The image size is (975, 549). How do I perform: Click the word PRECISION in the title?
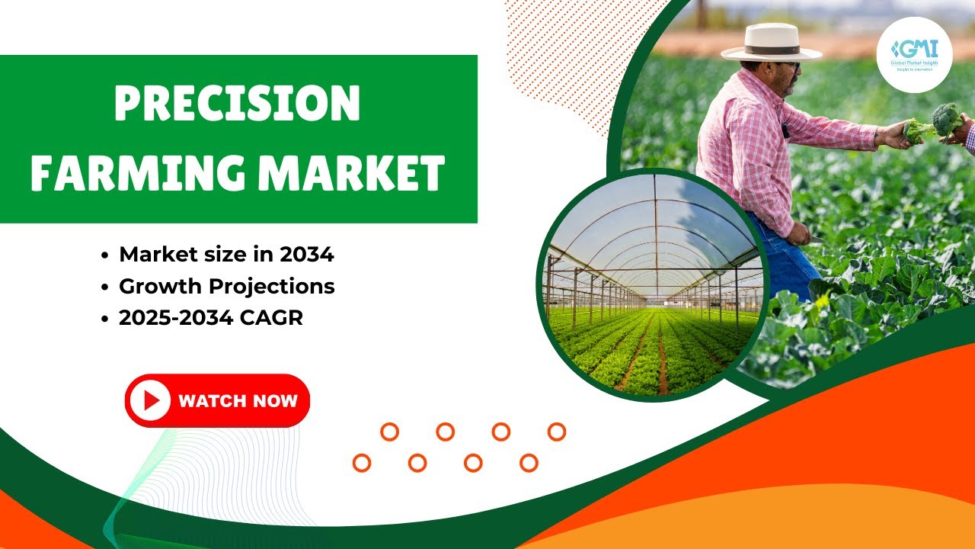[237, 104]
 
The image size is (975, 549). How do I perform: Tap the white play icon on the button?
[150, 400]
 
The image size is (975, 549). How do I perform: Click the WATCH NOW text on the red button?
[238, 400]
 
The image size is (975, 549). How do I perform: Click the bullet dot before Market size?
[104, 255]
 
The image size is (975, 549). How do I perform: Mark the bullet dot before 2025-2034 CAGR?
[104, 319]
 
